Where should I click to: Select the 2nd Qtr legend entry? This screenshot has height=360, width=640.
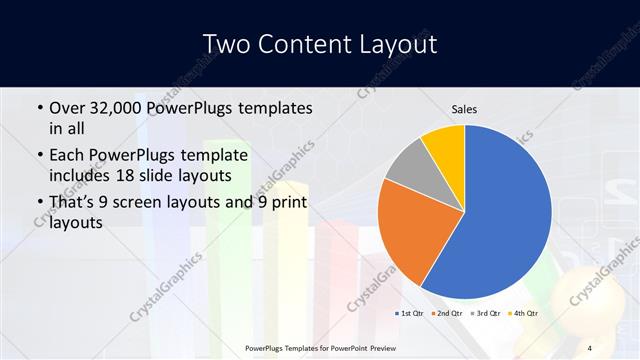point(446,313)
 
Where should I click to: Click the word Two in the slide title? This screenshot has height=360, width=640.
point(226,44)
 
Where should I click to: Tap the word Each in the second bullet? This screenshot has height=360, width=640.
point(68,156)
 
